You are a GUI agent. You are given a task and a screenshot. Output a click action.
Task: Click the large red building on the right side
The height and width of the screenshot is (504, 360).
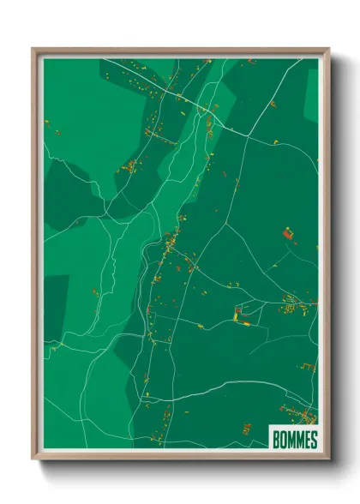[287, 232]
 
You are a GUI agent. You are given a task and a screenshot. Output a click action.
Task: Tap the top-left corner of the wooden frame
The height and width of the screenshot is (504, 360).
[33, 49]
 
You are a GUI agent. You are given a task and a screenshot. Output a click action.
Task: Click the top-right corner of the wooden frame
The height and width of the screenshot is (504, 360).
[327, 49]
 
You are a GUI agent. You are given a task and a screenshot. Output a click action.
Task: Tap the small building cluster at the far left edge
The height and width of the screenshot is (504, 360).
[57, 133]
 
